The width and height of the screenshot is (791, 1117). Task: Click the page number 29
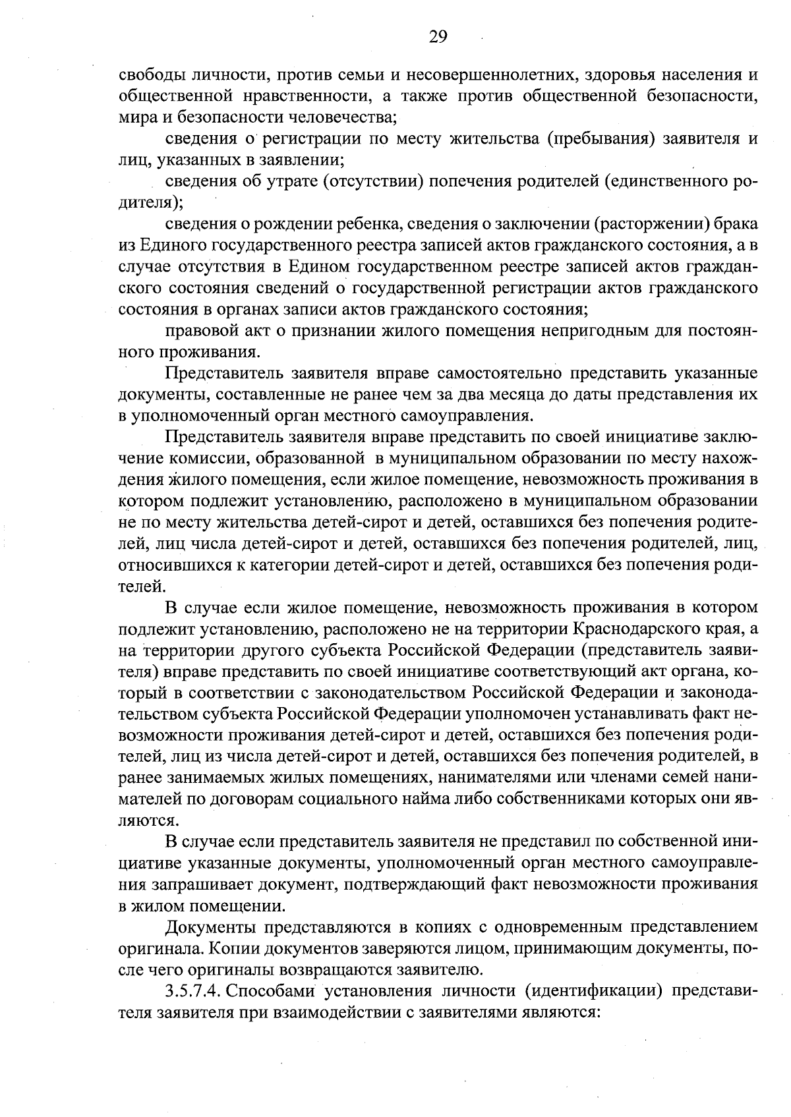click(x=438, y=37)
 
